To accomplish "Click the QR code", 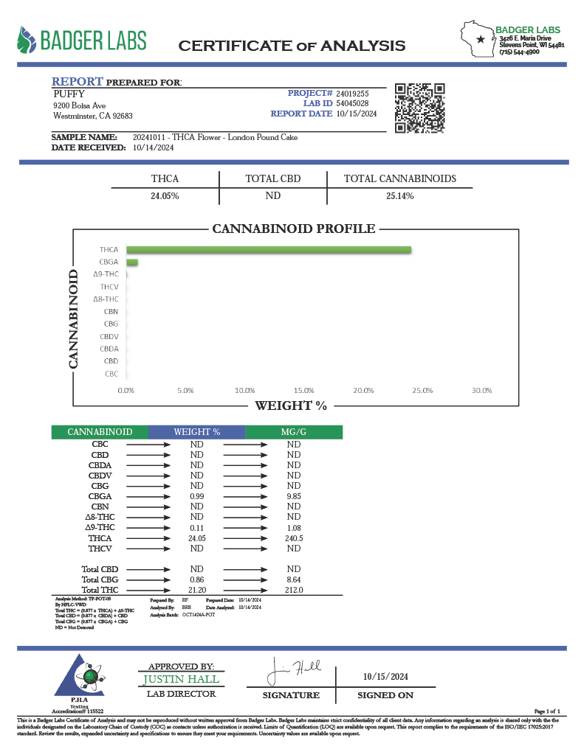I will coord(420,108).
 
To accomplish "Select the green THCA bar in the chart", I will coord(269,250).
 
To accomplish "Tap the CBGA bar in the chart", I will coord(132,262).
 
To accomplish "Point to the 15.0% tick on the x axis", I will coord(304,390).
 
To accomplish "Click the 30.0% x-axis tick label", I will coord(481,390).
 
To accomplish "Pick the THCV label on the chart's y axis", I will coord(109,286).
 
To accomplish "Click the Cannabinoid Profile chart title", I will coord(294,229).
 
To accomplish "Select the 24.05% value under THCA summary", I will coord(165,196).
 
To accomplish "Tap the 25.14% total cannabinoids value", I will coord(399,196).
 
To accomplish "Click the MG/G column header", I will coord(293,432).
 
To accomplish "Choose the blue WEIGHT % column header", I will coord(196,432).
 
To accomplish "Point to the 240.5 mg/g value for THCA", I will coord(293,538).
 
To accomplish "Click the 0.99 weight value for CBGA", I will coord(196,497).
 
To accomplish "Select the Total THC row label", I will coord(100,590).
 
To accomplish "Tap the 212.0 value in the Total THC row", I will coord(293,590).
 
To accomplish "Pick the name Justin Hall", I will coord(181,678).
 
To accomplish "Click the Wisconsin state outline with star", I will coord(478,39).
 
